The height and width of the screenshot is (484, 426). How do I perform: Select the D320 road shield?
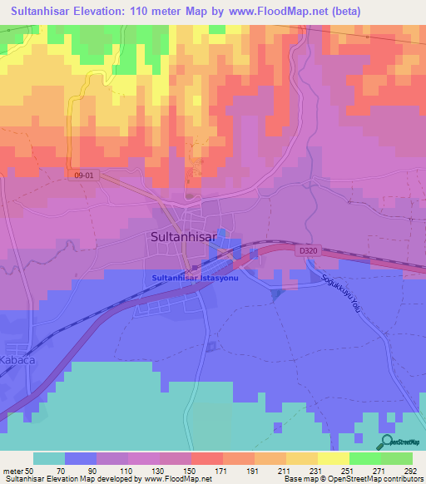click(x=306, y=249)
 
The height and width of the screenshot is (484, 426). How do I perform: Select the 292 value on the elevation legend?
click(x=410, y=471)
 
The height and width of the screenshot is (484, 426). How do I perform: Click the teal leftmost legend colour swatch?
click(x=49, y=458)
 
